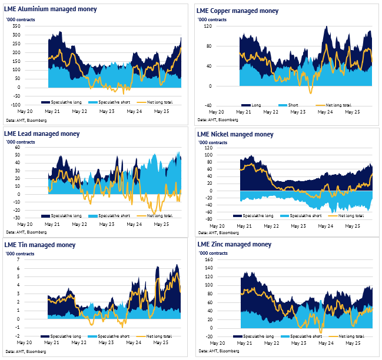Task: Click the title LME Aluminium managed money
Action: (51, 9)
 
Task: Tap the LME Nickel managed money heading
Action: (236, 134)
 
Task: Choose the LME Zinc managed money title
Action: (234, 244)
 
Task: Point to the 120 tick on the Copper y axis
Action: (208, 26)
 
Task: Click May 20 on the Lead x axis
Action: (24, 225)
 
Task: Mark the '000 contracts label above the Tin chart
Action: (19, 254)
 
